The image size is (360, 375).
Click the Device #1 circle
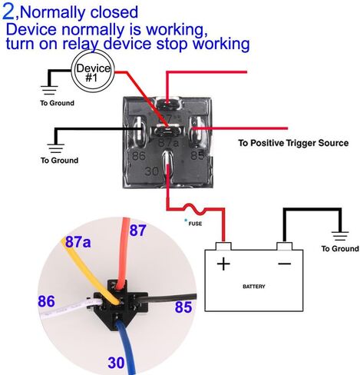92,71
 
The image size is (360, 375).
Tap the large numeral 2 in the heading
8,12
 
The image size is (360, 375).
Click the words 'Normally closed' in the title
79,12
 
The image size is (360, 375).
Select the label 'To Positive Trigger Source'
293,143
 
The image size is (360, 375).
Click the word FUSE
195,224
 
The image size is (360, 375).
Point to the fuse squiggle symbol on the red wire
195,209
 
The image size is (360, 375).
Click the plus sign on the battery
223,264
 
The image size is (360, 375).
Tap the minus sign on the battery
284,264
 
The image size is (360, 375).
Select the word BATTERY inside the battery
254,287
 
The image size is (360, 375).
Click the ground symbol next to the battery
340,236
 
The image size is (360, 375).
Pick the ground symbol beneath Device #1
49,91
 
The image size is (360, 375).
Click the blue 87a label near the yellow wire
78,242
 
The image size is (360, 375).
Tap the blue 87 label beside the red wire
138,231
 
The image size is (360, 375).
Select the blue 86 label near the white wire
46,301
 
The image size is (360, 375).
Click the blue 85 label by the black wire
183,307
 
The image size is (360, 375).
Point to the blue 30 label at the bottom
116,363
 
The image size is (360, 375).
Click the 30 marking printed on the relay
152,171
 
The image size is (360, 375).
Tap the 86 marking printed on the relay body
139,156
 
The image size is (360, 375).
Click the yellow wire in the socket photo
90,271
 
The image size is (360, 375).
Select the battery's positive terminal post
223,246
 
